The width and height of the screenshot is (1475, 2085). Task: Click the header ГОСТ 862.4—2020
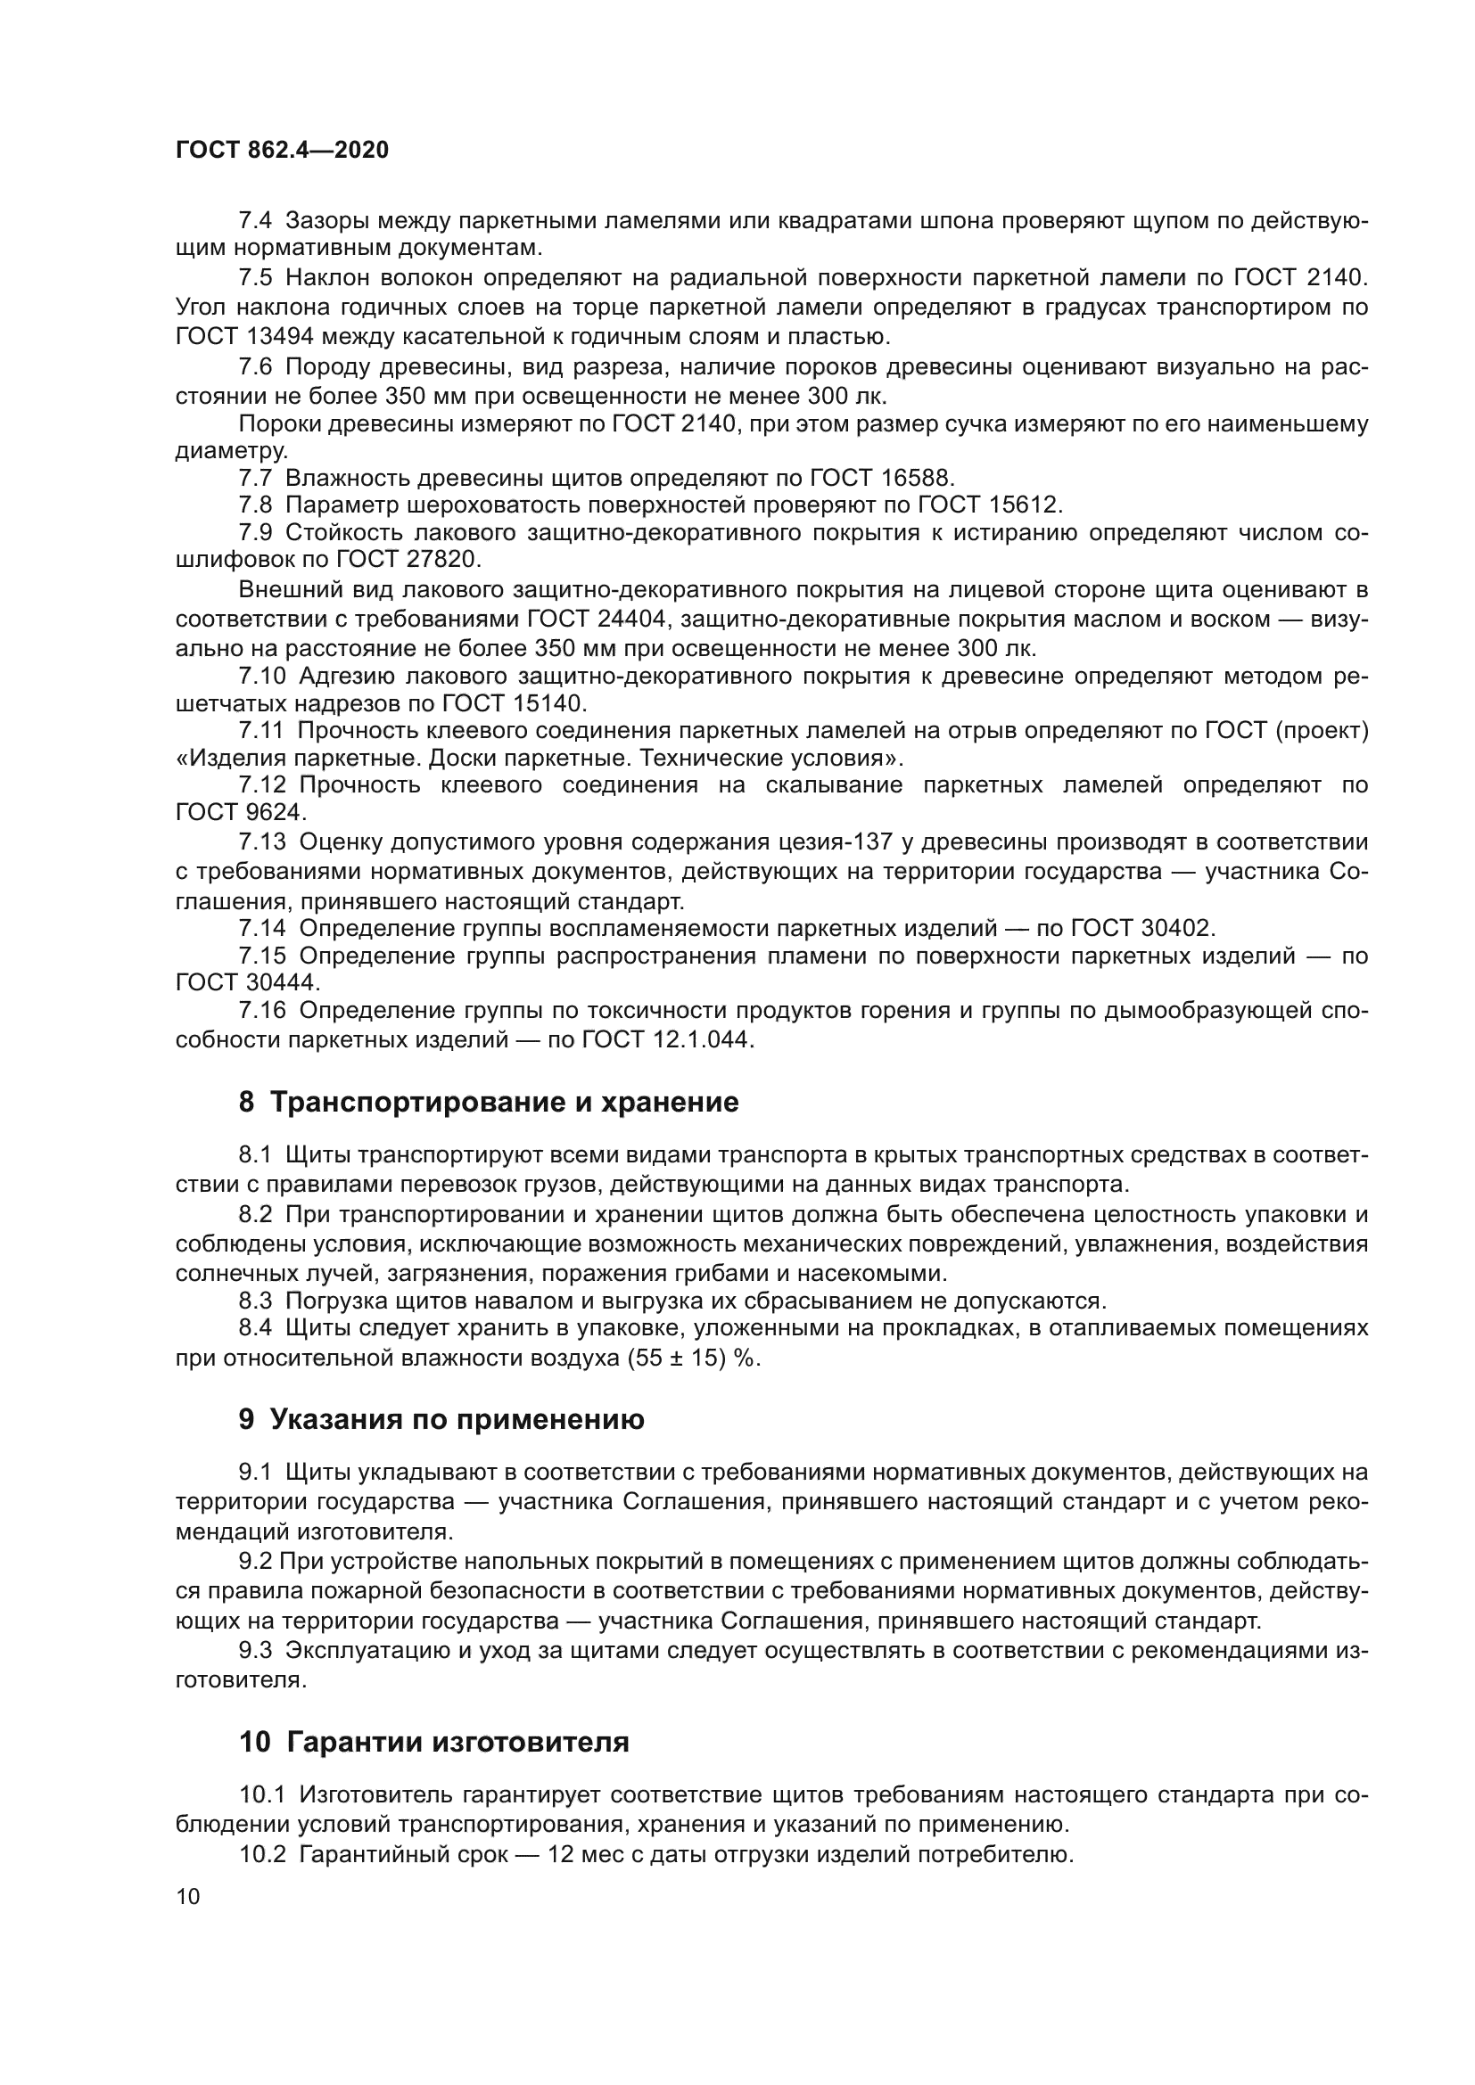282,150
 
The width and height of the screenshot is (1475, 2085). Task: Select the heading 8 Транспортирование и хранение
489,1103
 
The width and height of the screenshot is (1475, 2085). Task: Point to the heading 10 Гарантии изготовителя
434,1743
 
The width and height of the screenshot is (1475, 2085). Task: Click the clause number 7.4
255,221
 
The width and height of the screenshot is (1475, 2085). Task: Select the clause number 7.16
262,1011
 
